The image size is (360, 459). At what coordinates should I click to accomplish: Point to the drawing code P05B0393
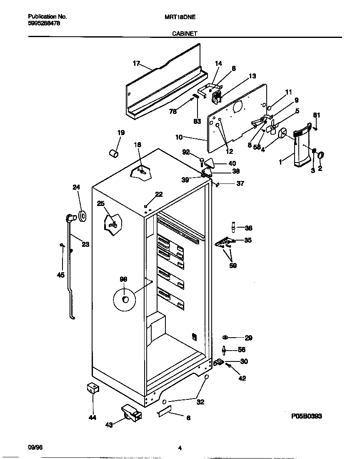click(x=306, y=416)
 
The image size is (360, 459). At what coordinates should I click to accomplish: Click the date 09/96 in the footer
click(x=35, y=448)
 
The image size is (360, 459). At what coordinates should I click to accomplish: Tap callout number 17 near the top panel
click(x=136, y=63)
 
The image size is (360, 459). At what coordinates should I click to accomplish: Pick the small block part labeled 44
click(x=92, y=389)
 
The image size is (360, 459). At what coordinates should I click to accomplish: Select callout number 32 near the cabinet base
click(x=200, y=402)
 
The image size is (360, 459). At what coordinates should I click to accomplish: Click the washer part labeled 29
click(x=225, y=337)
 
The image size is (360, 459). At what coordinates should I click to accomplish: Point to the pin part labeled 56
click(x=224, y=349)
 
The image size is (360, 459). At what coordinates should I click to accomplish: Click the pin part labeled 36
click(x=234, y=227)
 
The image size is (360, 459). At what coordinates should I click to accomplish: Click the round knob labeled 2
click(x=321, y=156)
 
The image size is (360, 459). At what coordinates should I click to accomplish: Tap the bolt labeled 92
click(x=202, y=160)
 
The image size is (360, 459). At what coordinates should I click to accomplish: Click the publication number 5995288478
click(x=44, y=23)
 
